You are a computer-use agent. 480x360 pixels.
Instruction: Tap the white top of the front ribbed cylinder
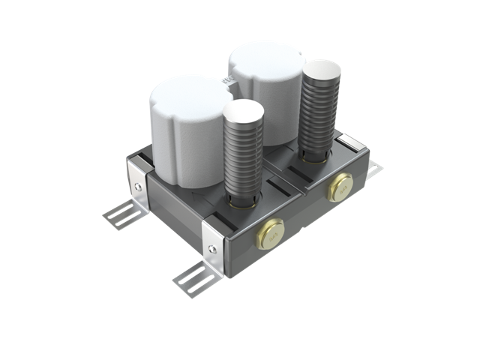tap(243, 114)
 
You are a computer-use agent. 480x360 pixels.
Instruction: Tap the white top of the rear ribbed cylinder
tap(320, 70)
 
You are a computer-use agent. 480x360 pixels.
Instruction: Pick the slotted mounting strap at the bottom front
tap(196, 278)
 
